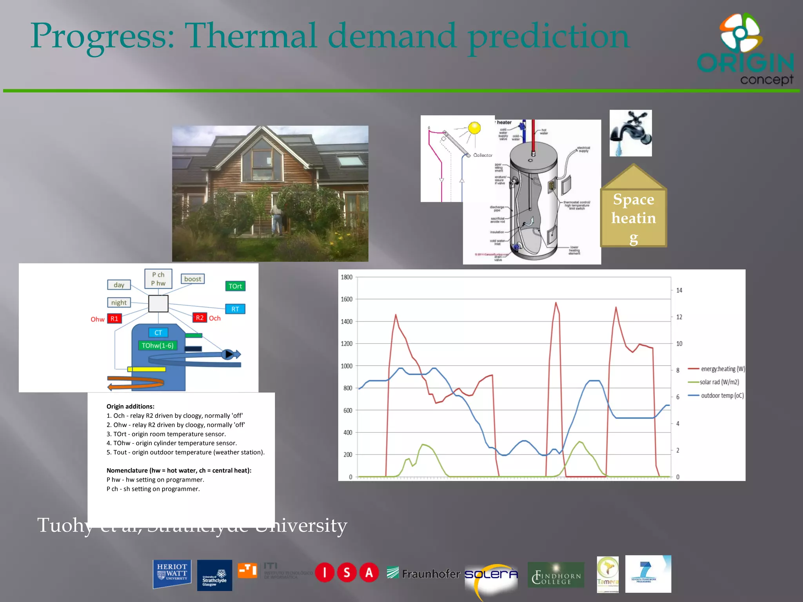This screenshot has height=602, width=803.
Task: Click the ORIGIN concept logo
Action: pyautogui.click(x=745, y=49)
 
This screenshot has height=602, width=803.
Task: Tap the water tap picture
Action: pyautogui.click(x=630, y=133)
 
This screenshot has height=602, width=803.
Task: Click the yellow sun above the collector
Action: pyautogui.click(x=474, y=128)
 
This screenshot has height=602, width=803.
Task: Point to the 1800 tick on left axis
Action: pyautogui.click(x=347, y=277)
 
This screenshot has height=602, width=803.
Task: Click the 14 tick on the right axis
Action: pyautogui.click(x=679, y=290)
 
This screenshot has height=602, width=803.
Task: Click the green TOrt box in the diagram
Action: pyautogui.click(x=235, y=286)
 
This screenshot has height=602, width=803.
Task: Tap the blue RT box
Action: pyautogui.click(x=235, y=309)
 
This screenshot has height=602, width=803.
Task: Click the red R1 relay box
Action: pyautogui.click(x=114, y=319)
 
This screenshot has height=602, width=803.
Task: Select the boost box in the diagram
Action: pyautogui.click(x=193, y=279)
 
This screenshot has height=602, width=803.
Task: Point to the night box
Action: pyautogui.click(x=119, y=303)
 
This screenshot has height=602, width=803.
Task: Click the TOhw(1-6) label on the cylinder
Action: pyautogui.click(x=158, y=345)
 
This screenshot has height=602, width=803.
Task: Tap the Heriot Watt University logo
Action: pyautogui.click(x=172, y=574)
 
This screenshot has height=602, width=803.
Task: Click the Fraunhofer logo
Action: pyautogui.click(x=423, y=574)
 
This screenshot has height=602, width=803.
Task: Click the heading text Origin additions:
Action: pyautogui.click(x=131, y=406)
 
